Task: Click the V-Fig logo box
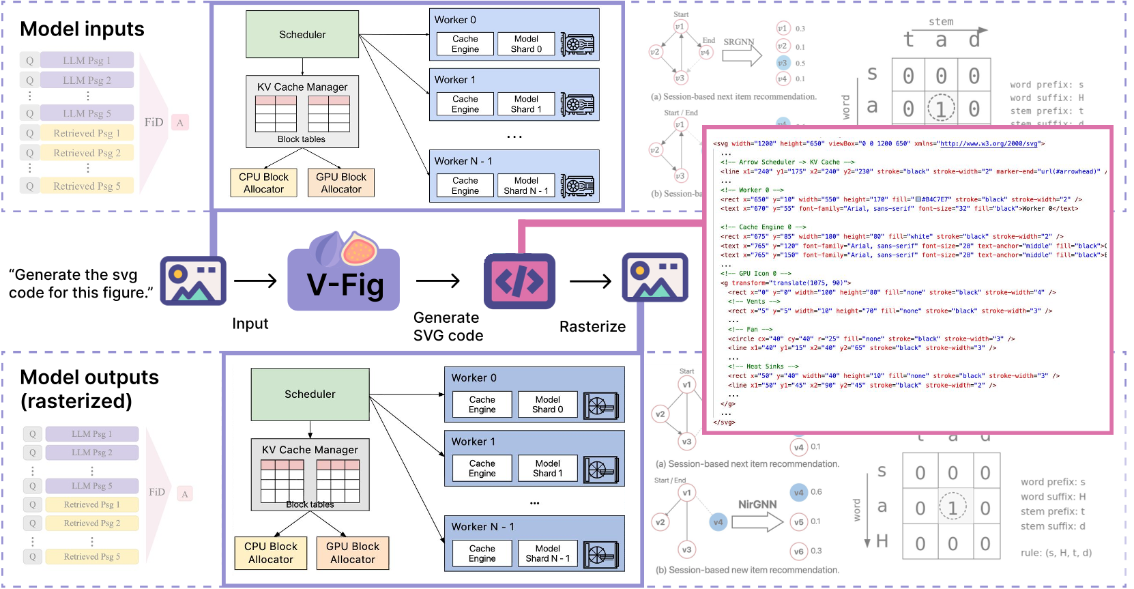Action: (343, 280)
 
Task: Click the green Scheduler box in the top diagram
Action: (302, 34)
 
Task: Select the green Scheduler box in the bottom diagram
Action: (310, 394)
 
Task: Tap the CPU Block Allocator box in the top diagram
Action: (263, 183)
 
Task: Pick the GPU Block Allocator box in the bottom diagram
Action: (352, 553)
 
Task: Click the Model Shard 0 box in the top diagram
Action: (526, 44)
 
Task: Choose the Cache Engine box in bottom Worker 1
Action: (482, 468)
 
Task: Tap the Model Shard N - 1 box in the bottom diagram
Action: (547, 554)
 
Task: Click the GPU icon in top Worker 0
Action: (577, 44)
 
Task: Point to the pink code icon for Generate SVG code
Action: (519, 281)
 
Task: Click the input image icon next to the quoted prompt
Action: (193, 281)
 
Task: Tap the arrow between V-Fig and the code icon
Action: (438, 281)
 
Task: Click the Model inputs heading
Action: (82, 29)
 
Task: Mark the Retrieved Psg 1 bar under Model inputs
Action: (87, 133)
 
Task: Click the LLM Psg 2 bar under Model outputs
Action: (91, 452)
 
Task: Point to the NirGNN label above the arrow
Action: (757, 504)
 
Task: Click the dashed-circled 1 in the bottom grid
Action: (953, 508)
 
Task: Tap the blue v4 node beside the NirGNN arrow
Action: (718, 522)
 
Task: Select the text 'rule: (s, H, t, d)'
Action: (1056, 553)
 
